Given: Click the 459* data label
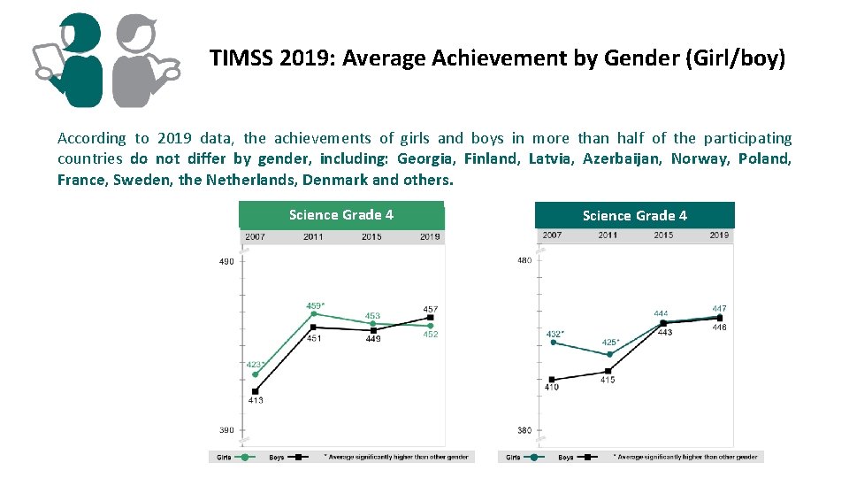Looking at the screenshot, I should coord(316,305).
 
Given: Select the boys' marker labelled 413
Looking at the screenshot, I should coord(255,391).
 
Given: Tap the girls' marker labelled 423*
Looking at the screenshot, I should coord(255,374).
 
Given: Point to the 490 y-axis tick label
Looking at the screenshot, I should coord(227,261).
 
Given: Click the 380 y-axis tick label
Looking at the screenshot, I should coord(524,431).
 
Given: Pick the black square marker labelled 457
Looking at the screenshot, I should coord(430,317).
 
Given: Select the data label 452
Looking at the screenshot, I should coord(430,335).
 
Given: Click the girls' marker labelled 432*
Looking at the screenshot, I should coord(552,343).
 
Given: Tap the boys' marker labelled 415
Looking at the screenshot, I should coord(608,371).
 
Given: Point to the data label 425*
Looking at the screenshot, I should coord(610,343).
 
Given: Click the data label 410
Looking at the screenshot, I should coord(551,387).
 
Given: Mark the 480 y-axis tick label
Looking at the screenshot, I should coord(524,260).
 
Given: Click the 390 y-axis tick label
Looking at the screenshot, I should coord(227,430).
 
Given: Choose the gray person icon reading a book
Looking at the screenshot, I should coord(140,60).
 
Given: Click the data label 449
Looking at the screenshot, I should coord(372,339).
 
